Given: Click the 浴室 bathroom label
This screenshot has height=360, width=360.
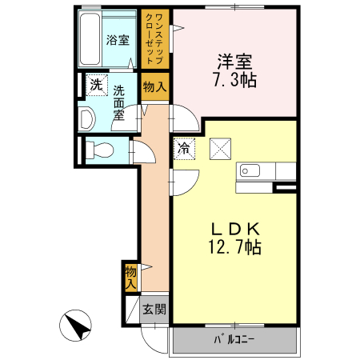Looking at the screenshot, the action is [x=118, y=40].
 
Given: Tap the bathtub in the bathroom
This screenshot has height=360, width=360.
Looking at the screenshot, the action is [x=90, y=39].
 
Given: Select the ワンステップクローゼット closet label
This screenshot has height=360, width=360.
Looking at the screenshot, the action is [x=154, y=39].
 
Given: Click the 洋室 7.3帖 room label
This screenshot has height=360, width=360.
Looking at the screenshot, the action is [x=234, y=70].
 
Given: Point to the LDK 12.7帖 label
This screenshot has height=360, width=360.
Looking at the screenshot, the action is [x=234, y=238].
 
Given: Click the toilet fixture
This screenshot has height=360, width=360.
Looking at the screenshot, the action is [x=99, y=150].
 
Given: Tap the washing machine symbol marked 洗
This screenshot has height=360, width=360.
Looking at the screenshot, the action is [x=97, y=85].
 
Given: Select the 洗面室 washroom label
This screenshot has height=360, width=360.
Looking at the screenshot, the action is [x=119, y=103].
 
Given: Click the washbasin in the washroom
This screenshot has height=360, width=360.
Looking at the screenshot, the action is [x=87, y=119].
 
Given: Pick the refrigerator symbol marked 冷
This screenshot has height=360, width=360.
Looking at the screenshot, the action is [x=184, y=149].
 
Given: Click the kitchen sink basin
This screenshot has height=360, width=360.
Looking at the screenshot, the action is [x=250, y=170].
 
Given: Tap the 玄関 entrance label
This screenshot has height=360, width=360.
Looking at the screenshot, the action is [x=154, y=310].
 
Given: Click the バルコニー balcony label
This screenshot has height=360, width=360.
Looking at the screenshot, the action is [x=234, y=339].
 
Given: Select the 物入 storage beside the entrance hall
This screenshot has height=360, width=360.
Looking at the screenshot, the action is [x=131, y=278].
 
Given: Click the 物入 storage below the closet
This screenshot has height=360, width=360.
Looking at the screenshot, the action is [x=155, y=86].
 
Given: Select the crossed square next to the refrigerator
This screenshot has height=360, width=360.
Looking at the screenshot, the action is [x=220, y=149].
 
